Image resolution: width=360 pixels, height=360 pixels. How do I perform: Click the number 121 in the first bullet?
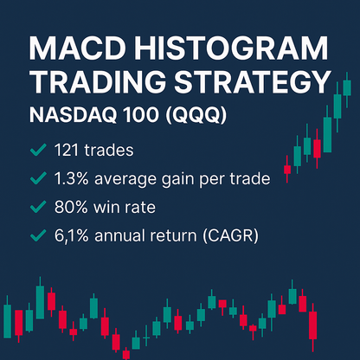tap(67, 151)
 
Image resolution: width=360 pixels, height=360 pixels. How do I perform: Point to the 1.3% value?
tap(72, 178)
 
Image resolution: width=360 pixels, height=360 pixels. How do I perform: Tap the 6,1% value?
tap(73, 235)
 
